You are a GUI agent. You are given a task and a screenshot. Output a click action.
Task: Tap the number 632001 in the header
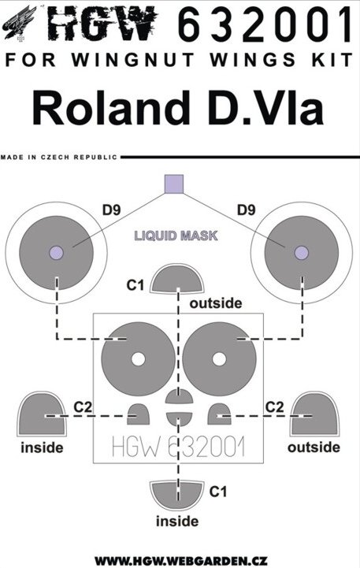point(265,24)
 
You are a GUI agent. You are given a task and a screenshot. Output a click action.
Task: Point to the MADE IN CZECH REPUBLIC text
point(59,158)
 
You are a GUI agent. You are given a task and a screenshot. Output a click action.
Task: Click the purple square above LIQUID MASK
point(174,184)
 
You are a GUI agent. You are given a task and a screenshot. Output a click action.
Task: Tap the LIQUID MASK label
point(176,236)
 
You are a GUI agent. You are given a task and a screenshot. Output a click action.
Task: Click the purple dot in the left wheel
point(56,253)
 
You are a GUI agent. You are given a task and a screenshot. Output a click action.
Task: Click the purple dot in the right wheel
point(302,253)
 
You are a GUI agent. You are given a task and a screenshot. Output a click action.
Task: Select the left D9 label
point(111,210)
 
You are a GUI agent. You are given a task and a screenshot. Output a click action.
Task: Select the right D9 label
point(247,210)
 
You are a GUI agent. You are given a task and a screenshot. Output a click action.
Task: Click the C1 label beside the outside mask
point(135,285)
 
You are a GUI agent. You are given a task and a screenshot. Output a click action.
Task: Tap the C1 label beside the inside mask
point(218,492)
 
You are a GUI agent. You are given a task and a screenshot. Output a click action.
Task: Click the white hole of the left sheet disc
point(138,359)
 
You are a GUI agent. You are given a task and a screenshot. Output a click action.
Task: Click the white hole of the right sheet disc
point(219,359)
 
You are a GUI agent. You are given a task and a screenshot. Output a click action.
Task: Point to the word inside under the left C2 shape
point(42,447)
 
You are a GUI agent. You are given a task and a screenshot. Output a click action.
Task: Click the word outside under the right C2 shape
point(314,447)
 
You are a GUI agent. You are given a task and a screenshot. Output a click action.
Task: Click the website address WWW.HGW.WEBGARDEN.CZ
point(181,562)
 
